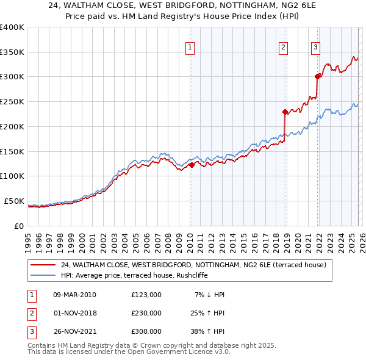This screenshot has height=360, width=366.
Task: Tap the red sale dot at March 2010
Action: [191, 164]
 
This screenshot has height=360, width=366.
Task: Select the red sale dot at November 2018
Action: [285, 111]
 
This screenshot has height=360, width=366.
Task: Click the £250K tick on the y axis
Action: [12, 101]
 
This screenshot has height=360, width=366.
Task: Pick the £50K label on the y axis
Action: [13, 201]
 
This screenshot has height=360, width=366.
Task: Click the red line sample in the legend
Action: [43, 265]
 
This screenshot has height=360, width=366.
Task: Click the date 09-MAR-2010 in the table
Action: [74, 295]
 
